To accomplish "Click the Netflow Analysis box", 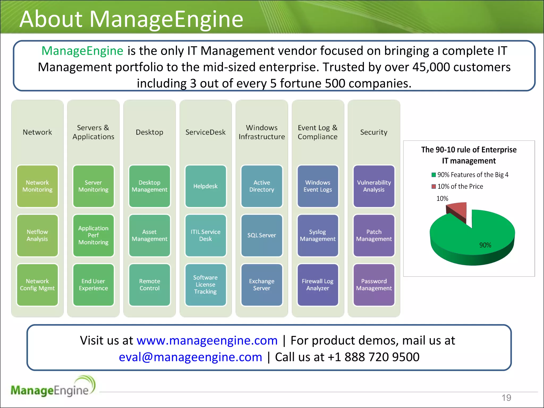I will [x=37, y=235].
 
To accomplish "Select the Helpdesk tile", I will [x=206, y=186].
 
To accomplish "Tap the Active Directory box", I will [x=262, y=186].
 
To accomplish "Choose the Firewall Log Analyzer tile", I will [x=318, y=285].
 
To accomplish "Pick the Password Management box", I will [x=374, y=285].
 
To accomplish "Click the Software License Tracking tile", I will [x=206, y=285].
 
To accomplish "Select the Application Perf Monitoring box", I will [x=93, y=235].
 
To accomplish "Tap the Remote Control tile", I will [x=150, y=285].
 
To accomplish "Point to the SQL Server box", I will [x=262, y=235].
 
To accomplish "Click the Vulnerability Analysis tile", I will [x=374, y=186].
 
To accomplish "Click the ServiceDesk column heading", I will [x=205, y=132].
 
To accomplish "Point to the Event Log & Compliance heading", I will [x=318, y=132].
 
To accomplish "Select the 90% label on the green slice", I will [x=485, y=245].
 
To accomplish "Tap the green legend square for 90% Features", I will [x=434, y=175].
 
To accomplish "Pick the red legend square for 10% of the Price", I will [x=434, y=186].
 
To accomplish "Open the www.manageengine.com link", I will [x=207, y=341].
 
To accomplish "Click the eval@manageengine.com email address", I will [x=190, y=357].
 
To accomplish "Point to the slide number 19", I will [x=506, y=398].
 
